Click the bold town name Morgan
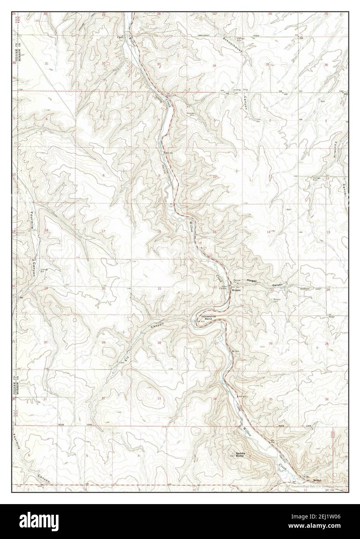(x=236, y=290)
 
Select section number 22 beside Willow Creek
(x=215, y=287)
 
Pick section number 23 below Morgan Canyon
(x=272, y=290)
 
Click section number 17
(x=103, y=231)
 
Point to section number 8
(x=103, y=176)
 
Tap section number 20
(x=103, y=289)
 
